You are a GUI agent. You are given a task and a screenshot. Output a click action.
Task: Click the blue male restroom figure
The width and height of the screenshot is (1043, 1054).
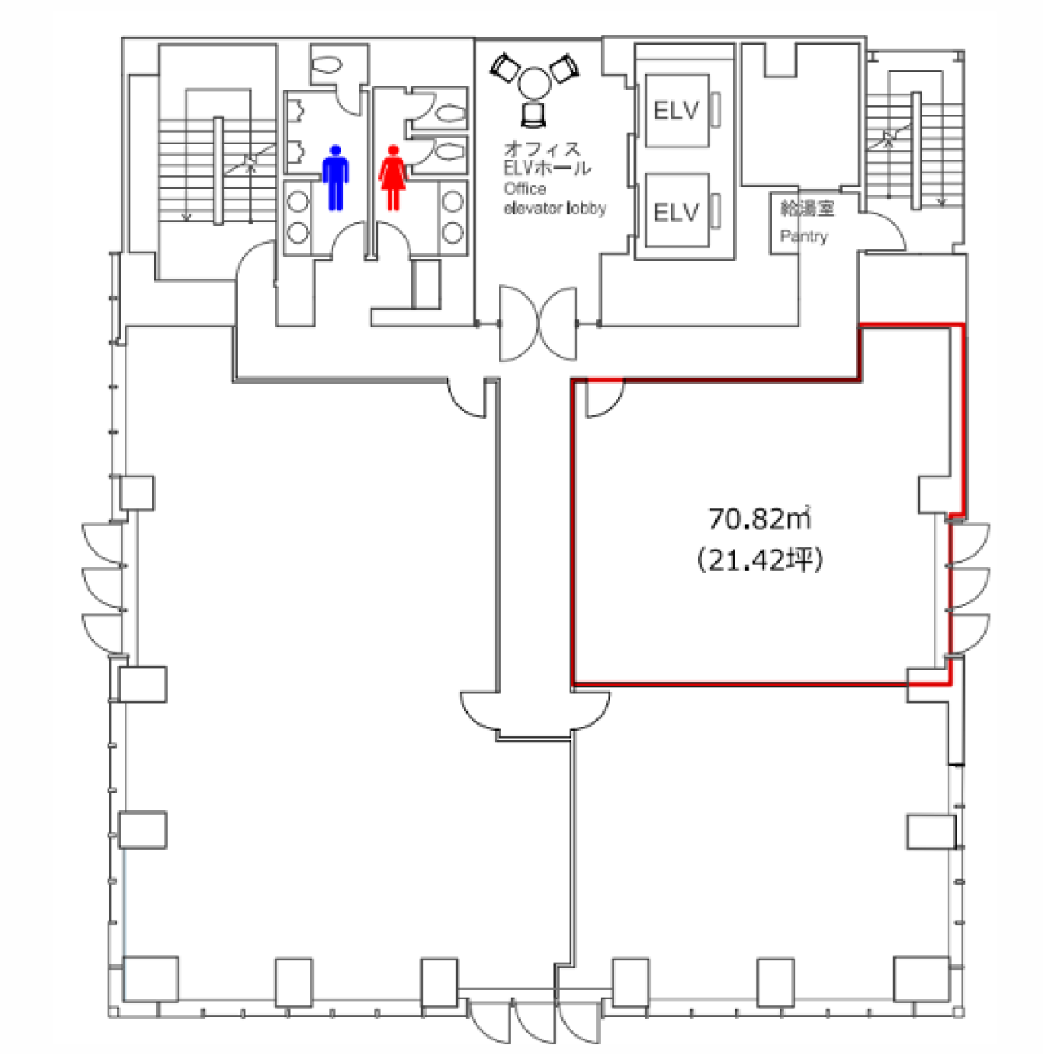pyautogui.click(x=335, y=178)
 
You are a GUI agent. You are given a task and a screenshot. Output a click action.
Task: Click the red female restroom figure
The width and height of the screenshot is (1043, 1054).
pyautogui.click(x=393, y=178)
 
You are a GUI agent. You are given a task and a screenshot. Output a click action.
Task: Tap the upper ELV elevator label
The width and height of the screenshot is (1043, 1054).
pyautogui.click(x=676, y=110)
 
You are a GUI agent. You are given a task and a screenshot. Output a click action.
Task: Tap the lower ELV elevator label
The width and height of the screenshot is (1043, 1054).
pyautogui.click(x=676, y=213)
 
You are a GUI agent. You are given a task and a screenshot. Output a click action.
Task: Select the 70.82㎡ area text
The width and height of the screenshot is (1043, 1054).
pyautogui.click(x=759, y=518)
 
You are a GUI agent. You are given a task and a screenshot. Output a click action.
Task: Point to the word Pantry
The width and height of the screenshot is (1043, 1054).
pyautogui.click(x=803, y=236)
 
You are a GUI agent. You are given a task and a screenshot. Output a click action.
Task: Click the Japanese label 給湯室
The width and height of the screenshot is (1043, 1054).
pyautogui.click(x=807, y=209)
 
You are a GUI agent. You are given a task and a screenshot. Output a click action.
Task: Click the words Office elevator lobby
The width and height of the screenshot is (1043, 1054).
pyautogui.click(x=554, y=199)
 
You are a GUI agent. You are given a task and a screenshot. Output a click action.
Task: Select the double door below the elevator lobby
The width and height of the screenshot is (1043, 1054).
pyautogui.click(x=538, y=323)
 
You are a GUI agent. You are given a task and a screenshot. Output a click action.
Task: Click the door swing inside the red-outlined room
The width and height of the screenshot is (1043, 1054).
pyautogui.click(x=603, y=399)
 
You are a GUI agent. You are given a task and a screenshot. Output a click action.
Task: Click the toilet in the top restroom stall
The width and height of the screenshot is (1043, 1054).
pyautogui.click(x=328, y=65)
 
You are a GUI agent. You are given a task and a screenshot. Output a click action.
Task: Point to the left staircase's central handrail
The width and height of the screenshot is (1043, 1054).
pyautogui.click(x=218, y=170)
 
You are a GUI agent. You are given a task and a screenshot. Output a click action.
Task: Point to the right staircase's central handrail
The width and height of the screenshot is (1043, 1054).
pyautogui.click(x=916, y=150)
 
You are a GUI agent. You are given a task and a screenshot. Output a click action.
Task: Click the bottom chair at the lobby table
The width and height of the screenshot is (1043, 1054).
pyautogui.click(x=534, y=114)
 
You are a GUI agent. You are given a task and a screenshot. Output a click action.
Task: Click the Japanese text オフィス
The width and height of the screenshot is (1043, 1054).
pyautogui.click(x=543, y=149)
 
